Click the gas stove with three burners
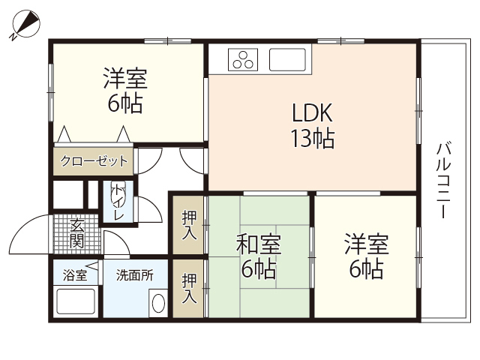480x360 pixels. [244, 59]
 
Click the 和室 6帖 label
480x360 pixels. [259, 256]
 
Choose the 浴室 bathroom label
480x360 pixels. [75, 275]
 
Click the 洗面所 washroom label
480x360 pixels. [134, 275]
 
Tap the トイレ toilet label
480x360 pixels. [118, 201]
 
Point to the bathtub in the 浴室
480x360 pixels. [76, 303]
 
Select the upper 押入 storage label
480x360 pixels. [190, 223]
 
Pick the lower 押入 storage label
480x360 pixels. [190, 287]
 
